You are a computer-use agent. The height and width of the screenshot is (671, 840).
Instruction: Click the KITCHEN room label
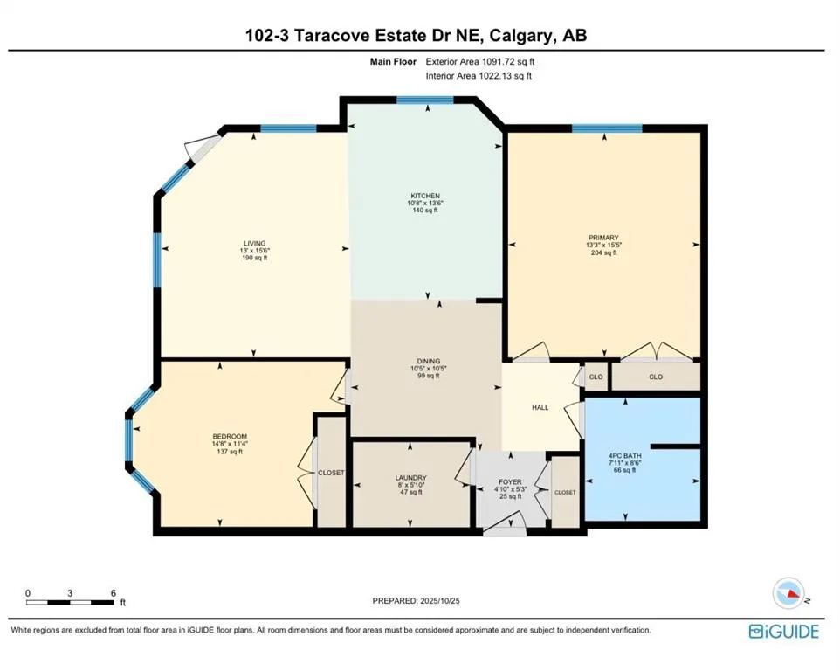coord(426,196)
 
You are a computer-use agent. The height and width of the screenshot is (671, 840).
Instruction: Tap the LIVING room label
coord(254,244)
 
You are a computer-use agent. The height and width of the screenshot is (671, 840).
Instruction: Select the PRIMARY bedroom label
coord(603,238)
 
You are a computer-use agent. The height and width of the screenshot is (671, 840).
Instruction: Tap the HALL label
coord(540,407)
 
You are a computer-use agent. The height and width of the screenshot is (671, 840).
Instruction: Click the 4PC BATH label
coord(625,455)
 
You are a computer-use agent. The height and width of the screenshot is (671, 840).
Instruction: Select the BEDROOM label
coord(230,437)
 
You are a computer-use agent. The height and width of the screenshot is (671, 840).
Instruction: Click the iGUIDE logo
coord(783,631)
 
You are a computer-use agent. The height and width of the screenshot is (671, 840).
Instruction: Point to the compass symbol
coord(788,593)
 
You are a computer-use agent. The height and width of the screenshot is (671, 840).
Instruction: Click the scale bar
coord(70,602)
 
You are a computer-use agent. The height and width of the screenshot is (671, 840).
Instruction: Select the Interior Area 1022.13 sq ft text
coord(479,76)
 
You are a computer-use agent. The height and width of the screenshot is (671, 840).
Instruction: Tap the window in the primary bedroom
coord(607,128)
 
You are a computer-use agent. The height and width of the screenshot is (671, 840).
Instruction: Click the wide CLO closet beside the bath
coord(656,377)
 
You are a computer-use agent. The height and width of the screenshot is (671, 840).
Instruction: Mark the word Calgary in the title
coord(520,36)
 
